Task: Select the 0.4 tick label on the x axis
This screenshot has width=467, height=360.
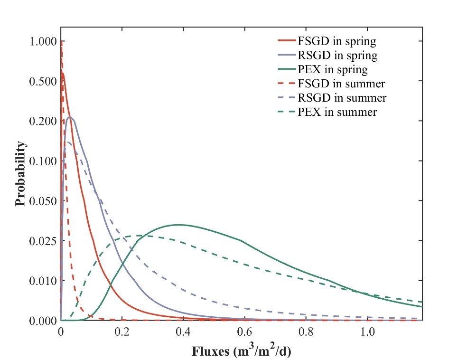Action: click(x=183, y=332)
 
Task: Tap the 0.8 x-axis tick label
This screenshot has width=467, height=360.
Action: click(x=305, y=332)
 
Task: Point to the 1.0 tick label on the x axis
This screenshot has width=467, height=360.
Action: click(x=366, y=332)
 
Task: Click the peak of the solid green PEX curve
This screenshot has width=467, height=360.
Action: click(x=180, y=225)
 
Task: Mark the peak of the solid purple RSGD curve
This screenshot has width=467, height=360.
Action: click(x=70, y=117)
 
